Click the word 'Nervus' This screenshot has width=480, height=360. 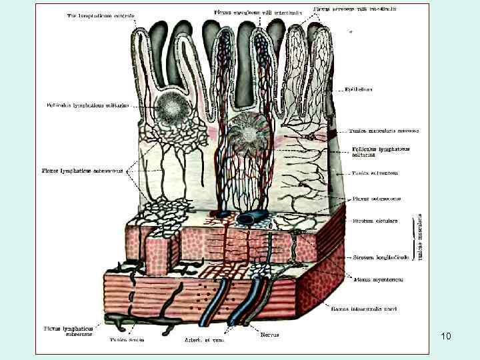269,334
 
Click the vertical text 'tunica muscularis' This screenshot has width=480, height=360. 421,237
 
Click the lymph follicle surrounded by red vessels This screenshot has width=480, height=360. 249,132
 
